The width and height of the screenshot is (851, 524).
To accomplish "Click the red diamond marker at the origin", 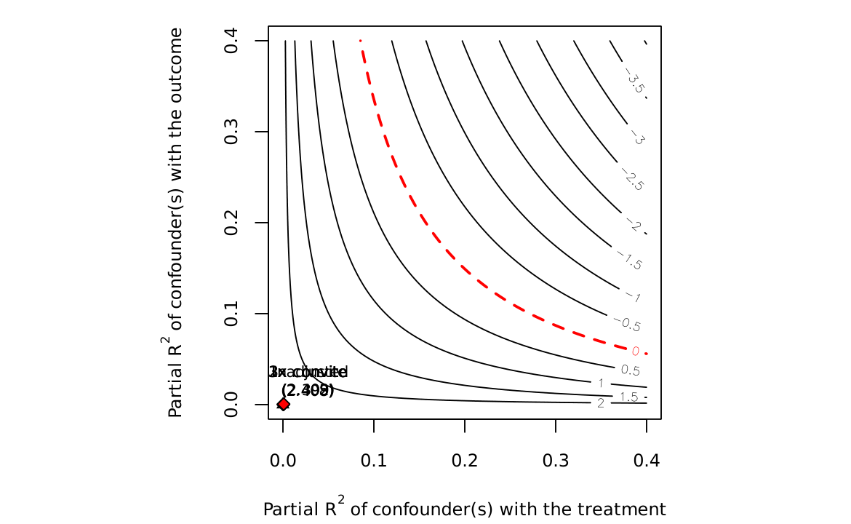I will point(284,404).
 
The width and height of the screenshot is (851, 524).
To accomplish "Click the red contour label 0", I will point(635,352).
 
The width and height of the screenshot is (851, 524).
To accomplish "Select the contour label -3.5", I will point(634,82).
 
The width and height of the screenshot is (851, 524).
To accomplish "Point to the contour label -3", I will point(638,137).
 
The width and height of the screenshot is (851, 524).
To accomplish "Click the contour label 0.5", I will point(630,370).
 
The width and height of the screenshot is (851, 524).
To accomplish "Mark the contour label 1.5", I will point(628,397).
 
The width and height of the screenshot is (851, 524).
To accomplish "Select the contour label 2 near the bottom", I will point(601,403).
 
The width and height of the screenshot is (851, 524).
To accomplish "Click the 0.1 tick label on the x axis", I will point(374,460).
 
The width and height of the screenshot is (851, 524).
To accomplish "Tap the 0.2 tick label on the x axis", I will point(465,460).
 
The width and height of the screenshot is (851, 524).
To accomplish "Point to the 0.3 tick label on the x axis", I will point(556,460).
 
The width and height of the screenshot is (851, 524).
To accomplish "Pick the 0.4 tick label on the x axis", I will point(647,460).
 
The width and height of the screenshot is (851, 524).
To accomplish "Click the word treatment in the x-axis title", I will point(629,509).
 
